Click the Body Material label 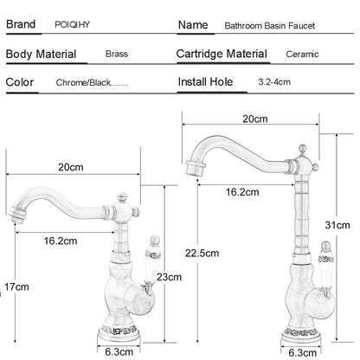click(41, 55)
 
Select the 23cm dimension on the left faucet click(169, 277)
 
